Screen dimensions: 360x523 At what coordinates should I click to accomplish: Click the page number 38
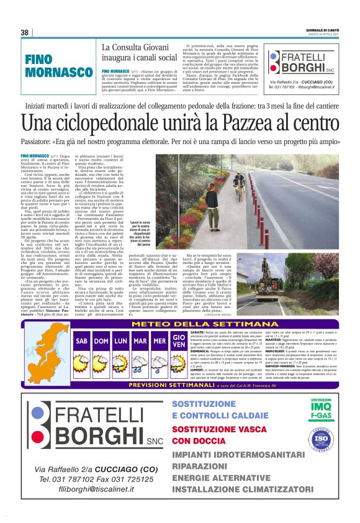click(25, 32)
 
